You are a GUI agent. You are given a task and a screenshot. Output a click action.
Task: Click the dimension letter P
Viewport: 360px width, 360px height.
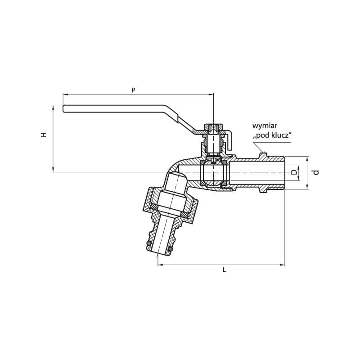[133, 90]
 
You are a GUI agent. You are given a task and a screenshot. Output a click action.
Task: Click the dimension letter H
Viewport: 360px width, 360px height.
[44, 135]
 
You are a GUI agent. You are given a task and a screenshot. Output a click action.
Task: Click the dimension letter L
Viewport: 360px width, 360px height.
[225, 270]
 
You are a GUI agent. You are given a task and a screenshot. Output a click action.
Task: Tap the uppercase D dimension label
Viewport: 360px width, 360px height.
[294, 172]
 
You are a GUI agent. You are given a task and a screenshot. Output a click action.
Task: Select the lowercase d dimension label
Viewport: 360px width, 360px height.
[316, 172]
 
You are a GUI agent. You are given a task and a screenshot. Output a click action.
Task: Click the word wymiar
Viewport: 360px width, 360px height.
[265, 126]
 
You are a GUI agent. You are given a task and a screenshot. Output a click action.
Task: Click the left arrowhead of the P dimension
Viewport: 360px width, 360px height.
[66, 94]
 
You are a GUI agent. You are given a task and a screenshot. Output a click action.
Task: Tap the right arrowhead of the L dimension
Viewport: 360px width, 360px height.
[282, 265]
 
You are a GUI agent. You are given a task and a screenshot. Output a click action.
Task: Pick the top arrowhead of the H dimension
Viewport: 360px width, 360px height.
[53, 108]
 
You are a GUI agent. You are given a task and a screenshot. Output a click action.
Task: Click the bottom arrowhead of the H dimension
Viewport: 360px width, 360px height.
[53, 169]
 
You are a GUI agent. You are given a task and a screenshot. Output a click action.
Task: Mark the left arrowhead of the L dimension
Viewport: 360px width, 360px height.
[161, 265]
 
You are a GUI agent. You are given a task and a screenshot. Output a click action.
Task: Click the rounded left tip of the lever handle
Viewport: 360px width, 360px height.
[63, 109]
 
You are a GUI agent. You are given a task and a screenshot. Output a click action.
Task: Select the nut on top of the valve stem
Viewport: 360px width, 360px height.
[213, 126]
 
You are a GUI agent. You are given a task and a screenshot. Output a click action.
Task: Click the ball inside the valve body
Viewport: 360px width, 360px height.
[213, 173]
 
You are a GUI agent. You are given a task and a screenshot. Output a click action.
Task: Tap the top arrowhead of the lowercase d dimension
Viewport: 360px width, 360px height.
[307, 159]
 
